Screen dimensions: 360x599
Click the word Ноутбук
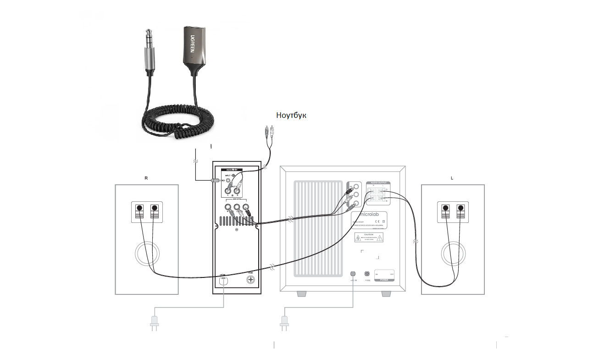[x=291, y=115]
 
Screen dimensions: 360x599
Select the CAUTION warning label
[x=368, y=237]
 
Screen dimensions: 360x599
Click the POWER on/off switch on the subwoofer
[x=384, y=274]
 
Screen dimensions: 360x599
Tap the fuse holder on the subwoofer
[x=367, y=274]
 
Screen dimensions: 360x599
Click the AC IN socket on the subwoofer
[x=353, y=274]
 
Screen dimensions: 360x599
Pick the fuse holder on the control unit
[x=251, y=279]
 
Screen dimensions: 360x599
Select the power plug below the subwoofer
[x=284, y=323]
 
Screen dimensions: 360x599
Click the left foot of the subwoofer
[x=301, y=294]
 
